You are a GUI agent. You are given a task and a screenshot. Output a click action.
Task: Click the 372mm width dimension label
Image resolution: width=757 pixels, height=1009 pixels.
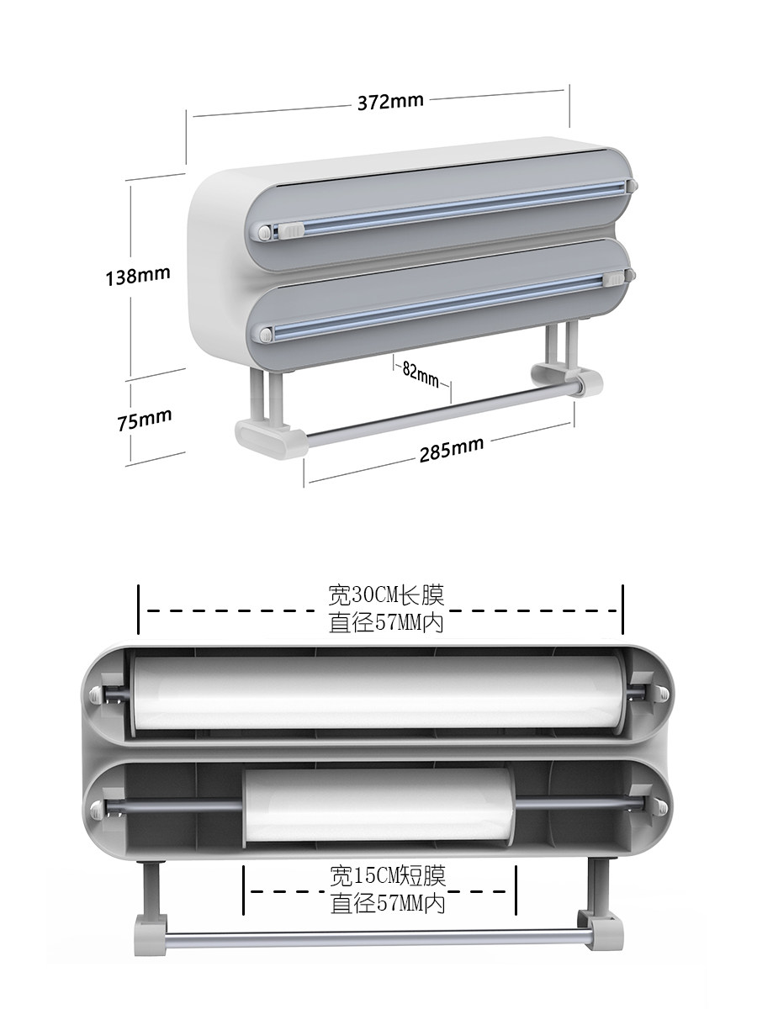[x=390, y=102]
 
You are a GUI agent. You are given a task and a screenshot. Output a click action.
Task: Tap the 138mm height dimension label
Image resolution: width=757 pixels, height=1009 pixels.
[x=138, y=276]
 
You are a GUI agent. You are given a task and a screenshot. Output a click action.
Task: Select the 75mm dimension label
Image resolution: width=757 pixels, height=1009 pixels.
[x=145, y=420]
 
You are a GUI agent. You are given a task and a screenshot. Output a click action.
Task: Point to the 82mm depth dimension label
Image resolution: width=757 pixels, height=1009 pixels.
[x=420, y=373]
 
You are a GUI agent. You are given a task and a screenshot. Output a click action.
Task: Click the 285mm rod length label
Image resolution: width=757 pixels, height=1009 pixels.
[x=452, y=450]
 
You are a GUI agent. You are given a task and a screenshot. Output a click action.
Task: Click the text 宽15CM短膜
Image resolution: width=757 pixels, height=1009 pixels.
[x=388, y=875]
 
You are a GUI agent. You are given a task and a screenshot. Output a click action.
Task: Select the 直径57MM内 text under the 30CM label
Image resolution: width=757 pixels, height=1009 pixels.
[x=386, y=622]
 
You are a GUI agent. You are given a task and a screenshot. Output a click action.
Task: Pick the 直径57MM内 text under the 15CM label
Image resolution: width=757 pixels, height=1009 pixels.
[x=388, y=903]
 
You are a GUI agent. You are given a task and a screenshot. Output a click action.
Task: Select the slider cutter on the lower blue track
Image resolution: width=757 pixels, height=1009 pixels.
[x=615, y=278]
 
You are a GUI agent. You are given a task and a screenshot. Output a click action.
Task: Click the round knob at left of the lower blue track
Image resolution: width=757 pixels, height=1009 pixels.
[x=265, y=334]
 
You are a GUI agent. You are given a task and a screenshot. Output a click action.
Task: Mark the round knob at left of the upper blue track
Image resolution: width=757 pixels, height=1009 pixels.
[x=265, y=231]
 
